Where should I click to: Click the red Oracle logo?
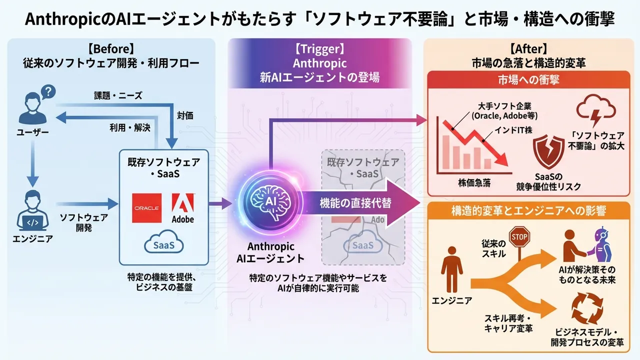tap(146, 207)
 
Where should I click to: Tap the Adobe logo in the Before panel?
tap(182, 207)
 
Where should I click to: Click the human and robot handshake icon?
tap(585, 245)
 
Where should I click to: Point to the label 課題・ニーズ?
tap(118, 96)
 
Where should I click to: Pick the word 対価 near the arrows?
tap(185, 115)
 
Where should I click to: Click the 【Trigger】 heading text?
tap(319, 49)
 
